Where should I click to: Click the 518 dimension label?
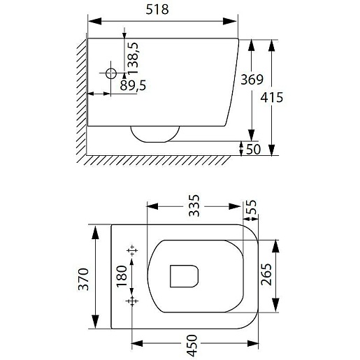pos(157,10)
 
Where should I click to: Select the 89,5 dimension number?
pos(133,85)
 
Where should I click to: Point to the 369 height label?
pos(252,80)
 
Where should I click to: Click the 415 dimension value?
pos(272,97)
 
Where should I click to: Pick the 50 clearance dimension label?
pos(253,150)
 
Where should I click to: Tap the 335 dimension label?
pos(194,206)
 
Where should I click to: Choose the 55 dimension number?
pos(251,207)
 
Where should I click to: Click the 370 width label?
pos(83,279)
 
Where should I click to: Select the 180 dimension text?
pos(122,276)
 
